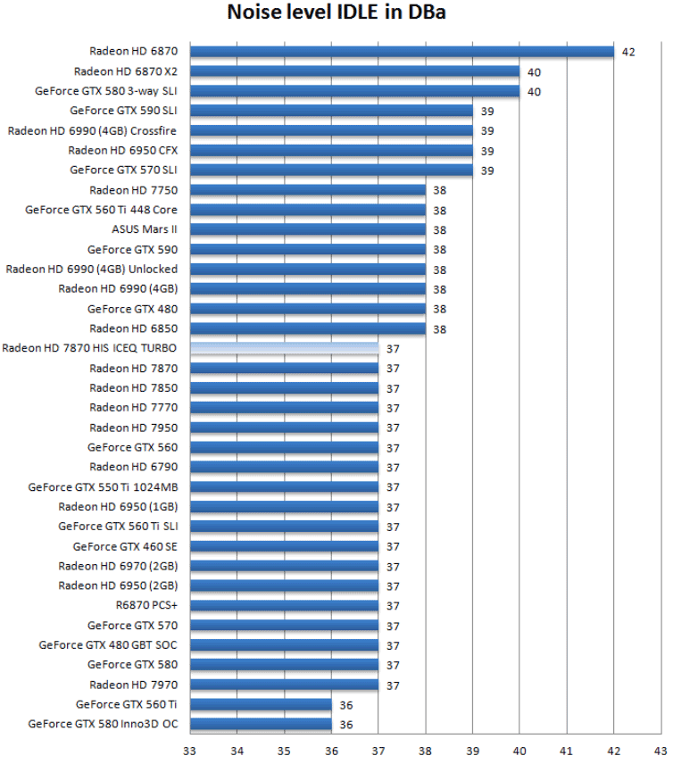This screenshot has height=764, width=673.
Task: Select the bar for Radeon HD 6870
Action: tap(402, 52)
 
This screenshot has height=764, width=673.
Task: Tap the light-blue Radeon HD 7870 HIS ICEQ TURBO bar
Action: tap(284, 348)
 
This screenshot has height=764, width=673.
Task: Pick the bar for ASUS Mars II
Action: tap(308, 229)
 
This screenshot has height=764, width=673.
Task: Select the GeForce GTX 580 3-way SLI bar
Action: tap(354, 91)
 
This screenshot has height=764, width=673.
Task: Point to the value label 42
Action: tap(628, 52)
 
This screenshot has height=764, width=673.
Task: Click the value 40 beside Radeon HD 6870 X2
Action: tap(534, 71)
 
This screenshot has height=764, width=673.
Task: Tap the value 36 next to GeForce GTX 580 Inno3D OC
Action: tap(345, 724)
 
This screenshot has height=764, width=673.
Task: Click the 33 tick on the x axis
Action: tap(190, 751)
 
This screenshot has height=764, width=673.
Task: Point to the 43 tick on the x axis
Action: tap(660, 751)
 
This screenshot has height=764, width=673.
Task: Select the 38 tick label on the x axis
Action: tap(425, 751)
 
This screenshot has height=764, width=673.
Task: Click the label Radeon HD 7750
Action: tap(133, 190)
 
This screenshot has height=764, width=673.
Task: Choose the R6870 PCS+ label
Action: tap(146, 605)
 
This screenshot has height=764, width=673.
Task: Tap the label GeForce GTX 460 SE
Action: tap(125, 546)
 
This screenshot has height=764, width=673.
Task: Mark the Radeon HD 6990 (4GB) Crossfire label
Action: tap(92, 130)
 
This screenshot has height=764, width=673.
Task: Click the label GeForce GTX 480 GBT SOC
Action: tap(108, 644)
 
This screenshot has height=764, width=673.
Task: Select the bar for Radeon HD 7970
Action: tap(284, 685)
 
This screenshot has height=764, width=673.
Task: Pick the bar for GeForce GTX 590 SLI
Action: tap(331, 111)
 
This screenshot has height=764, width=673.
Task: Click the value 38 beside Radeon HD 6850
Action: tap(439, 328)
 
